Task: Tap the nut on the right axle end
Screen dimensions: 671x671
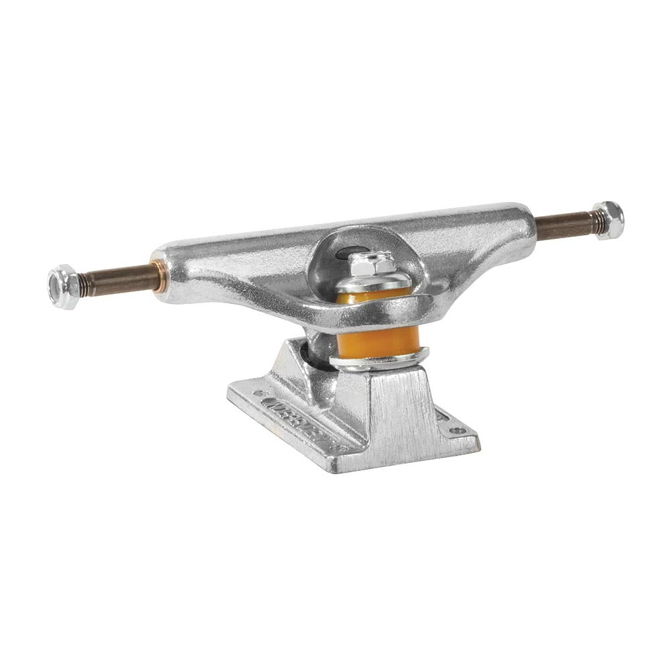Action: click(609, 219)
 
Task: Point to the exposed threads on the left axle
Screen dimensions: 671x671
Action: click(87, 284)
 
